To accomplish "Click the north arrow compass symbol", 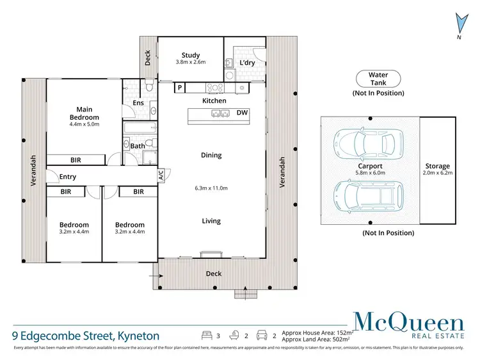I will click(x=458, y=24).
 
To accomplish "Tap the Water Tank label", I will click(x=378, y=79).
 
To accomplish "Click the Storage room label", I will click(x=438, y=166).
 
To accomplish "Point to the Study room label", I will click(x=191, y=56).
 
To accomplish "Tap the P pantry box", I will click(x=180, y=88).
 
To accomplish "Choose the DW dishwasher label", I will click(x=242, y=113).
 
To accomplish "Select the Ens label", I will click(x=138, y=102).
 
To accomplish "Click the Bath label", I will click(x=137, y=146).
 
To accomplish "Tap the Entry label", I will click(x=68, y=177).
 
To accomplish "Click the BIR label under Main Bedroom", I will click(x=76, y=160).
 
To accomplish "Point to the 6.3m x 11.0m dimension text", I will click(x=211, y=188).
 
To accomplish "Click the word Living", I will click(x=211, y=221).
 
